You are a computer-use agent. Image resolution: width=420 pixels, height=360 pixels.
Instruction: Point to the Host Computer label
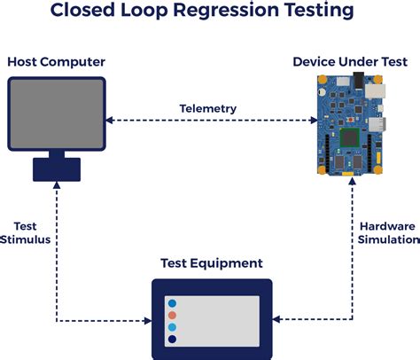57,61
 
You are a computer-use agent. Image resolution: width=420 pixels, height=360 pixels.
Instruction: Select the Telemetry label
209,108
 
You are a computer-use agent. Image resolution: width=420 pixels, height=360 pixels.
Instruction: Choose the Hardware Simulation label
387,232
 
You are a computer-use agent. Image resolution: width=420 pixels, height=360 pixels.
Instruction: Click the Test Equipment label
211,263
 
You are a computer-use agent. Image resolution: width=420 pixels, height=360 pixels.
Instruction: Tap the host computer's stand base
55,168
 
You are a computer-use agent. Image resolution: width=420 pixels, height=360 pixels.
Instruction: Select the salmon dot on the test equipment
172,314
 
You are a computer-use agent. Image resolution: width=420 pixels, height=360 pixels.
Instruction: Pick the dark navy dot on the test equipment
172,339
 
